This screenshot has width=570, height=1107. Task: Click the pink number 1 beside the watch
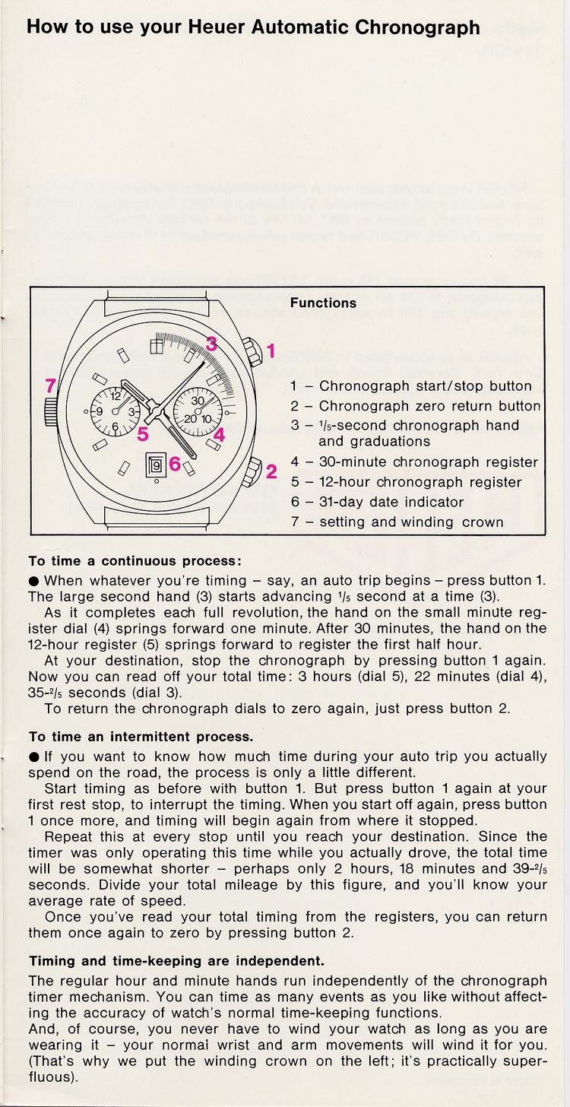[271, 351]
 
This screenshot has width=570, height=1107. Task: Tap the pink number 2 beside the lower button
[271, 471]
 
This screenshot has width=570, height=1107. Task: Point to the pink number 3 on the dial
[212, 343]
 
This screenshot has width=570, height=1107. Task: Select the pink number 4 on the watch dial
[219, 436]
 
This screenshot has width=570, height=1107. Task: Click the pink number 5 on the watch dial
[142, 435]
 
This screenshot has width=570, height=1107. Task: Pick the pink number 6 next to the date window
[175, 463]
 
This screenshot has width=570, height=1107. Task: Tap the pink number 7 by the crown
[50, 385]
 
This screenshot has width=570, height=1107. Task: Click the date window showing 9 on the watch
[156, 463]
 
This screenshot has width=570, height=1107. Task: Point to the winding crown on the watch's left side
[50, 411]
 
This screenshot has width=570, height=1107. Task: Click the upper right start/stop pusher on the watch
[251, 353]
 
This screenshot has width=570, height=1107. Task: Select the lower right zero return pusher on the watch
[252, 471]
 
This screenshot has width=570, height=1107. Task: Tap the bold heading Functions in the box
[323, 303]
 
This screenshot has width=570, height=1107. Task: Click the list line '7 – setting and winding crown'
[397, 522]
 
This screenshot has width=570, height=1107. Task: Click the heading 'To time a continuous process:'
[135, 561]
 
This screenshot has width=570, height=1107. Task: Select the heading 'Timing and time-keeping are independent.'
[176, 960]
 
